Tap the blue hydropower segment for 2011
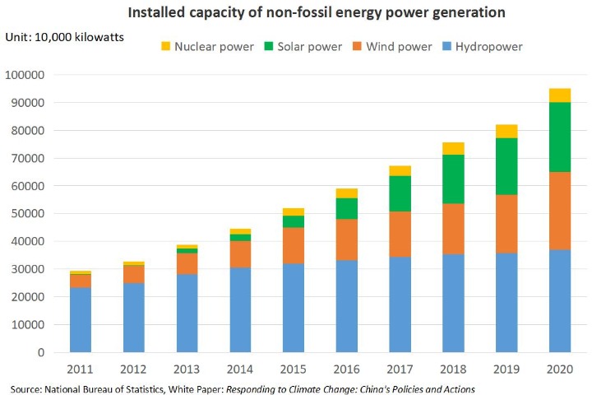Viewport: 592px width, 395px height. pos(80,319)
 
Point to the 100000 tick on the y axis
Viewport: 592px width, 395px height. pos(27,75)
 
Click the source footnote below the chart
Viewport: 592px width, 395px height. pos(243,388)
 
